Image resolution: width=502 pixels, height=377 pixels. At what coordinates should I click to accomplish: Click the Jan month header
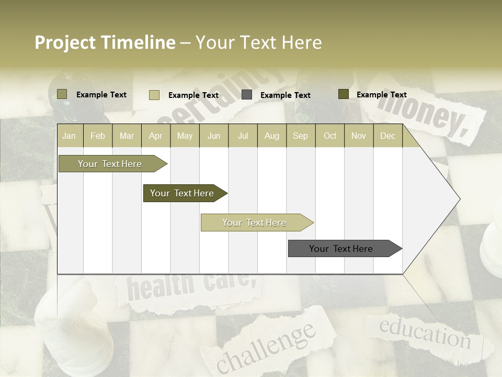[69, 136]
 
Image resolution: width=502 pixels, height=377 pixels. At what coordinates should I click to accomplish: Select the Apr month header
[155, 136]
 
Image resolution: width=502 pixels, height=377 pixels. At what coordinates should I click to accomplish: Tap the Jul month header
[243, 136]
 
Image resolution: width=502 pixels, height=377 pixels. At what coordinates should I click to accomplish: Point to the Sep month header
[300, 136]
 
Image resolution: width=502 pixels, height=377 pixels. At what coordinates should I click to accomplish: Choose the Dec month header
[387, 136]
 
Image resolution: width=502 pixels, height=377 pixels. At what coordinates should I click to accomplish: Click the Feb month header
[98, 136]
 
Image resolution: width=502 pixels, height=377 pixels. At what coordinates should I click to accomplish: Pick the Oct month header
[330, 136]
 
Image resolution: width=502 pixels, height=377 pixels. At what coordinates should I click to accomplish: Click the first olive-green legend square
[62, 94]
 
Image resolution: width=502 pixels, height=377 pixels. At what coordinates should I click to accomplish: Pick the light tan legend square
[154, 95]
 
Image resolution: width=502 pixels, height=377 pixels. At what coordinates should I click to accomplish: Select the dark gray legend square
[247, 95]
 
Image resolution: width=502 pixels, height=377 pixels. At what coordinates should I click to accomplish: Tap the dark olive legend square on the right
[343, 94]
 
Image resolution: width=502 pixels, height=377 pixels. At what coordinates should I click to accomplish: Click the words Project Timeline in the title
[105, 42]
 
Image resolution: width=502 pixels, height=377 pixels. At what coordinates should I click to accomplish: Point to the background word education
[425, 333]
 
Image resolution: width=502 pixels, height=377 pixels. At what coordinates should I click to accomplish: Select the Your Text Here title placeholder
[259, 42]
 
